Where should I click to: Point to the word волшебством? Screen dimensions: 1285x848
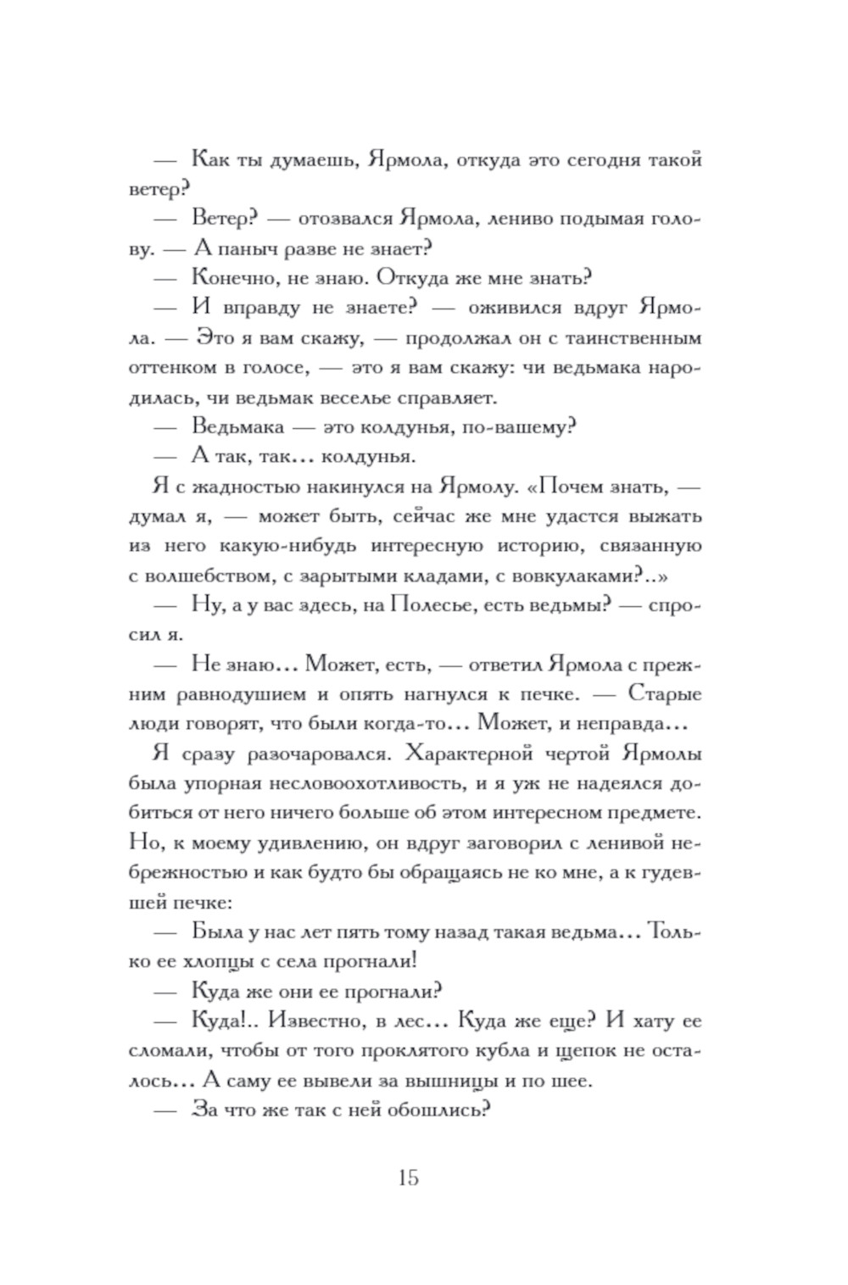click(208, 576)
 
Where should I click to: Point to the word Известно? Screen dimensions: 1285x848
click(300, 1021)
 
